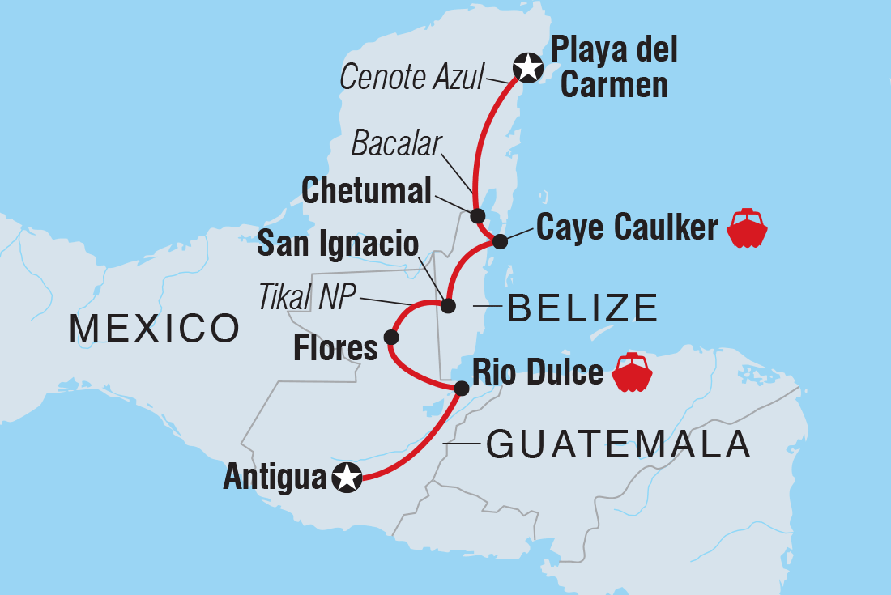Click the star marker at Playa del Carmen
click(527, 67)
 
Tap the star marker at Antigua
click(347, 478)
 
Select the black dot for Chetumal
click(478, 216)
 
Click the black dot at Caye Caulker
click(500, 240)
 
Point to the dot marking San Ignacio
click(447, 305)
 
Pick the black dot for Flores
click(391, 337)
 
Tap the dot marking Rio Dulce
click(461, 388)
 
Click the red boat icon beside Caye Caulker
click(747, 228)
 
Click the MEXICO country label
click(154, 329)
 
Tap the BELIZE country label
click(582, 308)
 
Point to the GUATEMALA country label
click(617, 444)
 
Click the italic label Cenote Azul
click(411, 79)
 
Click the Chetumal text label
click(366, 192)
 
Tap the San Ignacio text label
click(338, 244)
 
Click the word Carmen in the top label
click(613, 84)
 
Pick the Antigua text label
click(275, 478)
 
